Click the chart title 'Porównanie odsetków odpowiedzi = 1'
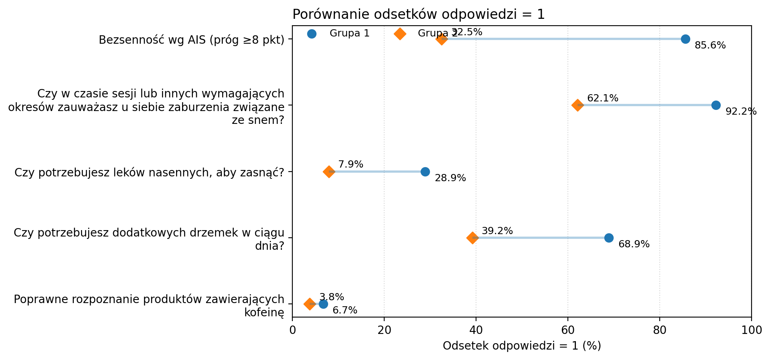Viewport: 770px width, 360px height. click(418, 14)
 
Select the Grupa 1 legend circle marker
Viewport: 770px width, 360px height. click(312, 34)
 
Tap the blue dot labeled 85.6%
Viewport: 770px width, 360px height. click(685, 39)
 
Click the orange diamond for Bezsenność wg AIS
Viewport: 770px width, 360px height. click(442, 39)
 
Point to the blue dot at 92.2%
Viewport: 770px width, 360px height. click(716, 105)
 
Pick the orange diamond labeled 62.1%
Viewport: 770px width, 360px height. click(577, 105)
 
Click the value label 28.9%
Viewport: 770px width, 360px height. click(450, 178)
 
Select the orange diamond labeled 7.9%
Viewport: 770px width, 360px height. click(329, 172)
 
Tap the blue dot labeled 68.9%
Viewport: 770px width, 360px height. click(609, 238)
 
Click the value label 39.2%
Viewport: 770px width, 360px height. click(497, 231)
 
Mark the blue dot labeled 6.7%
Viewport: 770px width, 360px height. click(323, 304)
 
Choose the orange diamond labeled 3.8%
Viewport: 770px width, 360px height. click(310, 304)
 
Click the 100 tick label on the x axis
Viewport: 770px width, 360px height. click(751, 330)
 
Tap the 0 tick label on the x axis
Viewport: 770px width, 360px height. click(292, 330)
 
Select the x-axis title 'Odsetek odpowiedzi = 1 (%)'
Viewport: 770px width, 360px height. click(522, 346)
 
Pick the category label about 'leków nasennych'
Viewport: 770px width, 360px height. click(149, 172)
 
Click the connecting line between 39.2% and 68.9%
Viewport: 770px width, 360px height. click(541, 238)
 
